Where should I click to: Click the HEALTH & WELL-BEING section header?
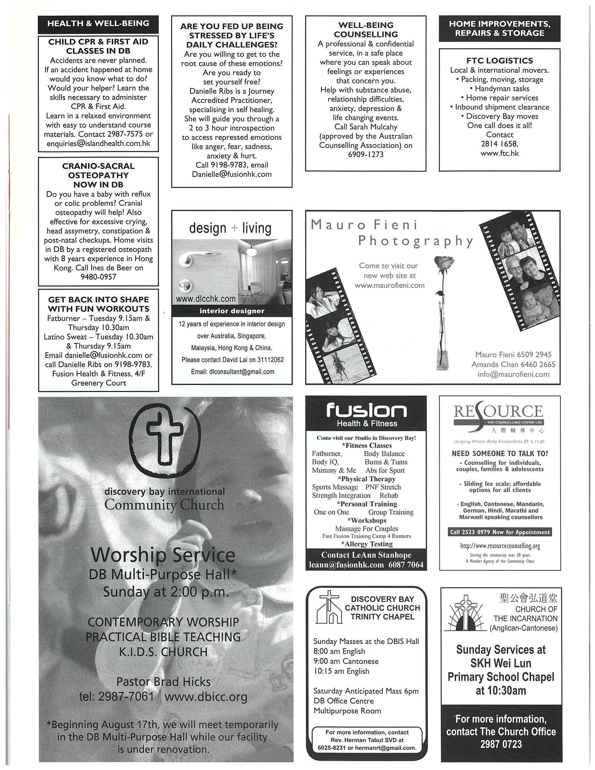tap(98, 24)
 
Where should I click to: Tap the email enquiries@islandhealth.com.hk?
tap(98, 143)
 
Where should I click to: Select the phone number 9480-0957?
tap(98, 277)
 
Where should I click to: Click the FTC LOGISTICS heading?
tap(499, 61)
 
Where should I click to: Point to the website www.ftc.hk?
tap(499, 153)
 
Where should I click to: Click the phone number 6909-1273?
tap(365, 154)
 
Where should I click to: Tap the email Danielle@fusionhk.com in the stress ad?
tap(232, 174)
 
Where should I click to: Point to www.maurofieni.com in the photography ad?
tap(390, 285)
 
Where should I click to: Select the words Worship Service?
tap(163, 555)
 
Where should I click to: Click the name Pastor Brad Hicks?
tap(163, 681)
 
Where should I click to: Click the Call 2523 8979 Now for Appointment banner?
tap(500, 532)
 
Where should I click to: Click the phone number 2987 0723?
tap(500, 744)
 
